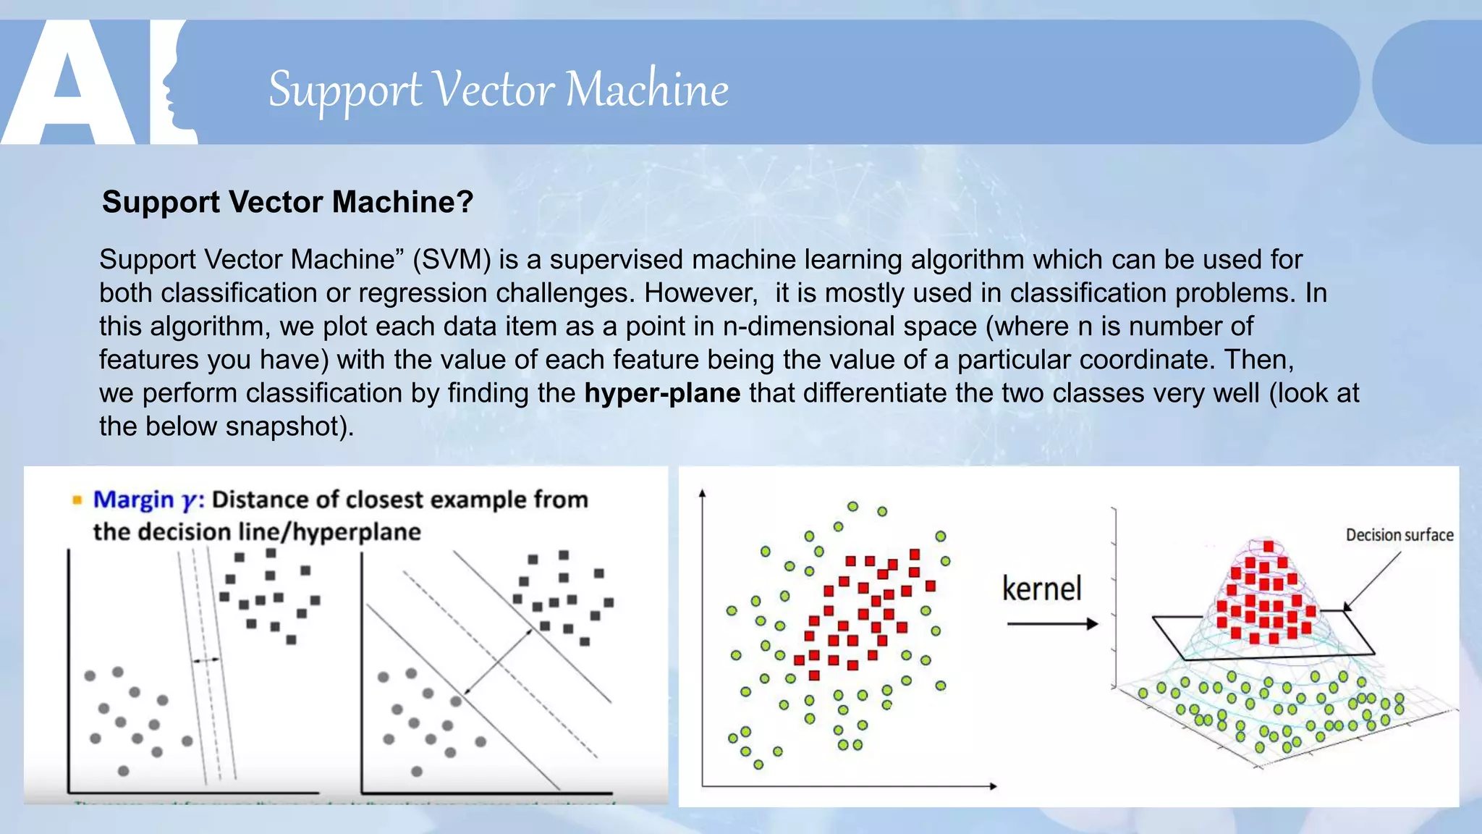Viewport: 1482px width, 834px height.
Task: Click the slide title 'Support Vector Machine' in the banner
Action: tap(498, 90)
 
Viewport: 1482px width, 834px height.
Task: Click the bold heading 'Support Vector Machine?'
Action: tap(287, 202)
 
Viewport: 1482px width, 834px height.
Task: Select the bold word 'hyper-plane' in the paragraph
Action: tap(662, 393)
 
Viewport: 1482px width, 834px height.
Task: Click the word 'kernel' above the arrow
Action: tap(1041, 589)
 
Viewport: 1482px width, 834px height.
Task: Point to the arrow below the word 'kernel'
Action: tap(1052, 624)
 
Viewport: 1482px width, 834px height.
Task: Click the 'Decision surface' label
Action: tap(1399, 535)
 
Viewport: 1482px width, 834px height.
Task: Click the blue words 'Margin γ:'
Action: tap(149, 500)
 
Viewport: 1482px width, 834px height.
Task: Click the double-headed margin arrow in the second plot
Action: tap(498, 662)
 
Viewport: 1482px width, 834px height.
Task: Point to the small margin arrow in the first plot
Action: tap(206, 660)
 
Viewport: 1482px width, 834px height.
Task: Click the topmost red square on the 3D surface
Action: tap(1269, 547)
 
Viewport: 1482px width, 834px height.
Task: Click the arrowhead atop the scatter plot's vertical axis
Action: tap(702, 494)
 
